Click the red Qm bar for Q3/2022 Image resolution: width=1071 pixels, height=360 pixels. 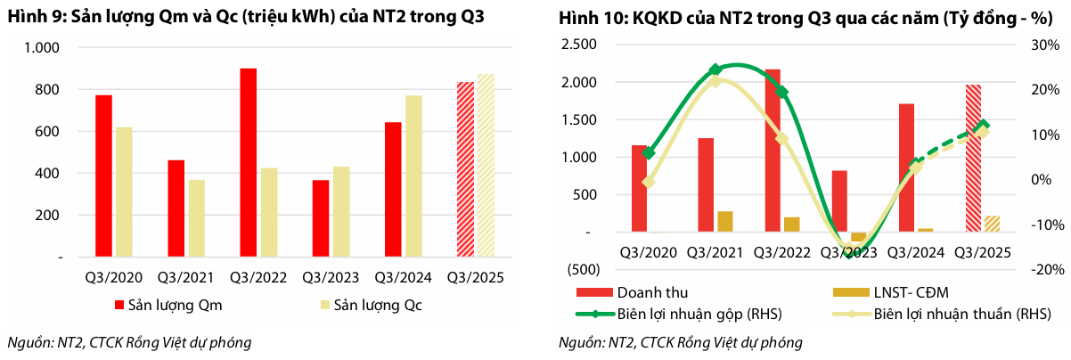point(249,162)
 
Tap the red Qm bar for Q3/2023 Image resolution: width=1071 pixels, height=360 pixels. point(321,218)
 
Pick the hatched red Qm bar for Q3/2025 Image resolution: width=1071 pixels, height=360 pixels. point(465,169)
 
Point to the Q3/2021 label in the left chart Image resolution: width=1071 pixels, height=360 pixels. point(185,278)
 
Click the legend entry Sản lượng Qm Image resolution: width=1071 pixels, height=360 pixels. point(167,307)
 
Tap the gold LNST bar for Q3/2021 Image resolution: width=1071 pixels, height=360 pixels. point(725,221)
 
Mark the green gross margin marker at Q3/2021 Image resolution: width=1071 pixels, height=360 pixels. point(715,70)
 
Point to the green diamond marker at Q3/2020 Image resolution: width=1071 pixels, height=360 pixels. point(648,153)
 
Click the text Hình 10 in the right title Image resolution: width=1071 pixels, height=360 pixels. point(587,19)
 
